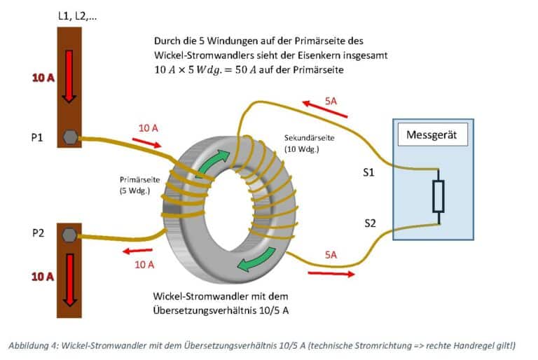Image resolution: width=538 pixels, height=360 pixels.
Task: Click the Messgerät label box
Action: (432, 134)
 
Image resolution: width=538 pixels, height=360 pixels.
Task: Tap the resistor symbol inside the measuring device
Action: (439, 196)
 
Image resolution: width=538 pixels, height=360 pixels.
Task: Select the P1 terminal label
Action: (39, 137)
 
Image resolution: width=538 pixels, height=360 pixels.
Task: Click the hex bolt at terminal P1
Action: (69, 137)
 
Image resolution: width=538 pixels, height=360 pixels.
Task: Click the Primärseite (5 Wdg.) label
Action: (141, 184)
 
